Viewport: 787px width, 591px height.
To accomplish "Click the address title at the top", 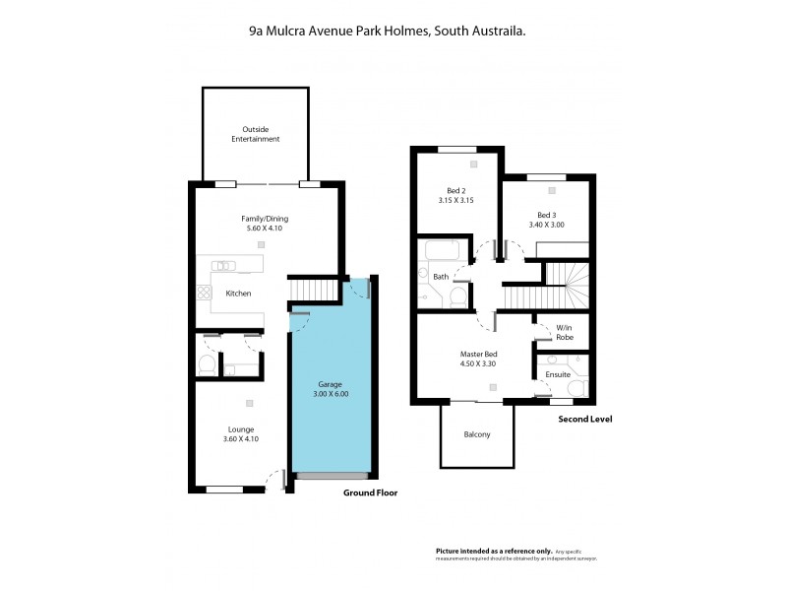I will pyautogui.click(x=386, y=32).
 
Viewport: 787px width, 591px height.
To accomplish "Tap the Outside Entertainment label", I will pyautogui.click(x=256, y=134).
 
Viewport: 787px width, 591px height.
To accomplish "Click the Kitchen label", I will pyautogui.click(x=238, y=294).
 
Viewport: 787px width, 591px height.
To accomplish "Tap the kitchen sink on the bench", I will pyautogui.click(x=224, y=264).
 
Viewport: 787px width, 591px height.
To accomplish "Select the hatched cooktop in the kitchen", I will pyautogui.click(x=204, y=293).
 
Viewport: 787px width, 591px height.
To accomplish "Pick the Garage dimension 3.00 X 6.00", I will pyautogui.click(x=331, y=394).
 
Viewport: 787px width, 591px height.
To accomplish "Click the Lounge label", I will pyautogui.click(x=241, y=429).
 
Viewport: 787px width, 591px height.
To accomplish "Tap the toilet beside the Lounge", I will pyautogui.click(x=207, y=365).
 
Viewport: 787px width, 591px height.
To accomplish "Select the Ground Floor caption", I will pyautogui.click(x=369, y=492).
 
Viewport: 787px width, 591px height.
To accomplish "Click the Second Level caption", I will pyautogui.click(x=585, y=419).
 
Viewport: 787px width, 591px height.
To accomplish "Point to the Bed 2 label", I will pyautogui.click(x=455, y=190).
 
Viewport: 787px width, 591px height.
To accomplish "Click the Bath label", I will pyautogui.click(x=441, y=277).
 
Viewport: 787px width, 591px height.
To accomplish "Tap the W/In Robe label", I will pyautogui.click(x=565, y=332).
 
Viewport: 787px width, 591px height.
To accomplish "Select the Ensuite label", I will pyautogui.click(x=558, y=375).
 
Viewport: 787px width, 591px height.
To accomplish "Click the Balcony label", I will pyautogui.click(x=476, y=434).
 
